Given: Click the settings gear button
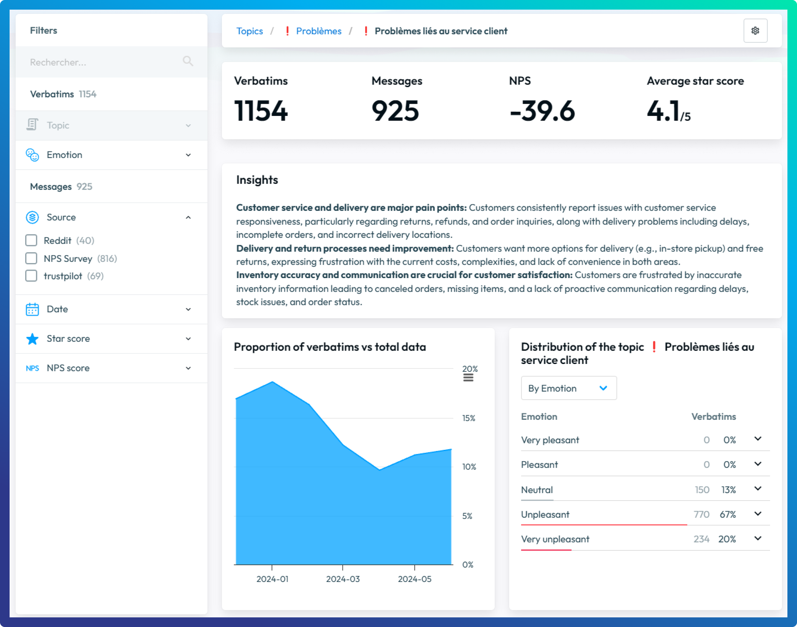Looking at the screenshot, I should pyautogui.click(x=755, y=31).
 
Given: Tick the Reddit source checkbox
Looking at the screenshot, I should pyautogui.click(x=31, y=240).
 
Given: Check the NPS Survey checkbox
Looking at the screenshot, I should pyautogui.click(x=31, y=259).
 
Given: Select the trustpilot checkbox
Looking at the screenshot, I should pyautogui.click(x=31, y=276).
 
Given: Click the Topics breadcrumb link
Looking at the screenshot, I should pyautogui.click(x=249, y=31).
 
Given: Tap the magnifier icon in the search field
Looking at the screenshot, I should pyautogui.click(x=188, y=61).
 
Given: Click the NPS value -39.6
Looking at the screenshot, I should pyautogui.click(x=542, y=111).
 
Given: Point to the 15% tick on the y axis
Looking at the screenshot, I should pyautogui.click(x=468, y=418).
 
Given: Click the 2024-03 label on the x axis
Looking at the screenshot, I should pyautogui.click(x=343, y=579).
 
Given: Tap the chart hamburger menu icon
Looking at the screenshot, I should pyautogui.click(x=468, y=378).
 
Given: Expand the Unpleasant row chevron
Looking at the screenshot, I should pyautogui.click(x=758, y=514).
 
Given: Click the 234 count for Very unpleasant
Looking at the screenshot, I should pyautogui.click(x=701, y=539).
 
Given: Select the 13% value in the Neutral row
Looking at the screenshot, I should pyautogui.click(x=728, y=490).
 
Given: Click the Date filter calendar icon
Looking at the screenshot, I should pyautogui.click(x=32, y=309).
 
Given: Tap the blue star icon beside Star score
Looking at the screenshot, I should pyautogui.click(x=32, y=338).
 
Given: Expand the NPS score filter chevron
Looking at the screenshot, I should pyautogui.click(x=188, y=368).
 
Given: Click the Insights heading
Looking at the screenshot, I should pyautogui.click(x=257, y=180).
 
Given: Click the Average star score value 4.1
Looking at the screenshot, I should pyautogui.click(x=663, y=111).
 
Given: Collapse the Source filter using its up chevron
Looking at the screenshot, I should pyautogui.click(x=188, y=217).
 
